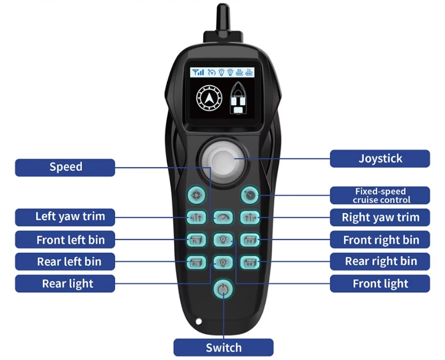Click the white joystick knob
[x=224, y=162]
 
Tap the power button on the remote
[x=223, y=289]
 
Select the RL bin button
[x=196, y=262]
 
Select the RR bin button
[x=250, y=262]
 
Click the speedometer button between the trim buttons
[x=223, y=218]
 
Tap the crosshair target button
[x=196, y=195]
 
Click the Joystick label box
[x=380, y=159]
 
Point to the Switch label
[x=224, y=347]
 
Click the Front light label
[x=380, y=283]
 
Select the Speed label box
[x=65, y=167]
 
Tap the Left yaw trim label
[x=65, y=217]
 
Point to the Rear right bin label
[x=380, y=261]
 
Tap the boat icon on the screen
[x=238, y=98]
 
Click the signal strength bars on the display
[x=198, y=72]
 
